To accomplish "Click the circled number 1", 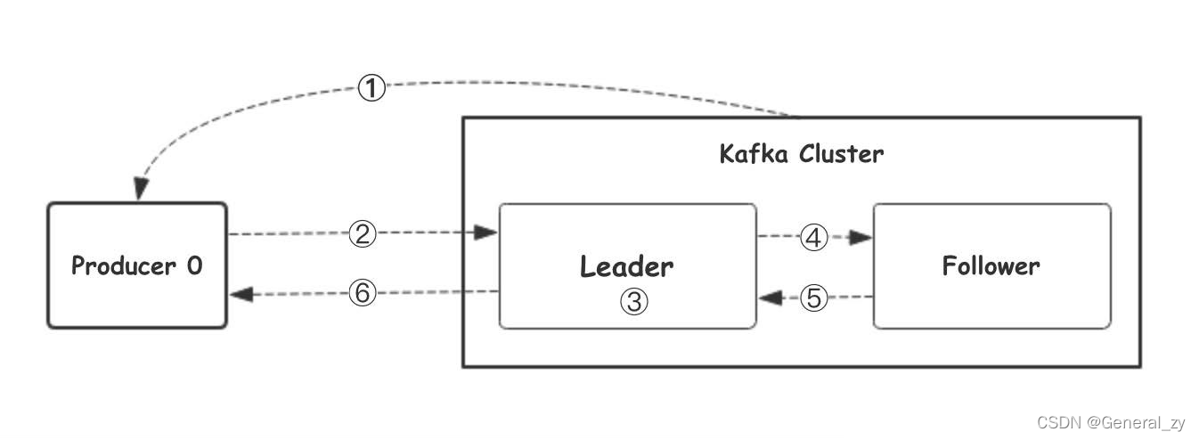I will click(371, 88).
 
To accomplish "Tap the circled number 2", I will click(362, 234).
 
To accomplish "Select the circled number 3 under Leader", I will click(633, 302).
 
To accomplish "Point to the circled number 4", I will click(813, 238).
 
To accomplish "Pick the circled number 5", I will click(813, 297).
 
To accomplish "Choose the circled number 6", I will click(362, 293).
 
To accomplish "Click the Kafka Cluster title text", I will click(801, 154).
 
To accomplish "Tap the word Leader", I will click(626, 265).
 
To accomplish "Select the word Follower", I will click(991, 265).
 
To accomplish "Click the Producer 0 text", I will click(136, 265).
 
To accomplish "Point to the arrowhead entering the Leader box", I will click(485, 233).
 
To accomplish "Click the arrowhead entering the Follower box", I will click(861, 238).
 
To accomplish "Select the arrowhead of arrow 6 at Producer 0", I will click(241, 293).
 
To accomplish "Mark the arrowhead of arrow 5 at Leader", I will click(769, 297).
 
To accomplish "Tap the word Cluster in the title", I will click(841, 154).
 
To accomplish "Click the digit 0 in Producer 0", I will click(194, 265).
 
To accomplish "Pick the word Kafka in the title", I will click(754, 154).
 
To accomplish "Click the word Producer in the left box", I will click(123, 265).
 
